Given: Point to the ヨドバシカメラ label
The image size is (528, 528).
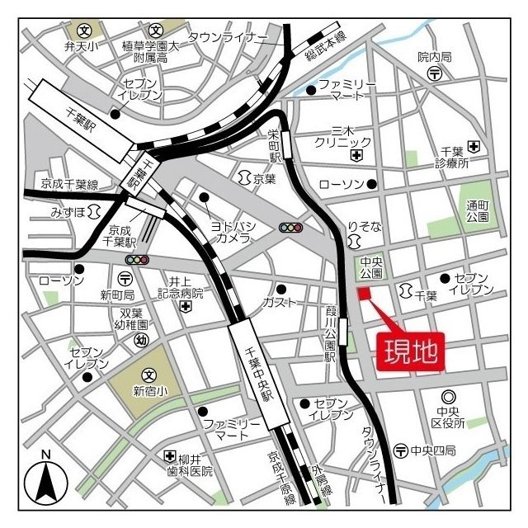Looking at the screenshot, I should click(x=233, y=232).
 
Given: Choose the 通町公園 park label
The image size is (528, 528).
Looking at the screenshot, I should click(x=477, y=211).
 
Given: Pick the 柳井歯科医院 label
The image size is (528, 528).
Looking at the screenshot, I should click(x=196, y=464).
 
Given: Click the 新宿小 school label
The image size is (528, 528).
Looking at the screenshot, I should click(x=149, y=391).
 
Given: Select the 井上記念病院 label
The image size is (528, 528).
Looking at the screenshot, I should click(x=186, y=286).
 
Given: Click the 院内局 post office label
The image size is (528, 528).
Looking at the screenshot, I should click(x=435, y=57).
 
